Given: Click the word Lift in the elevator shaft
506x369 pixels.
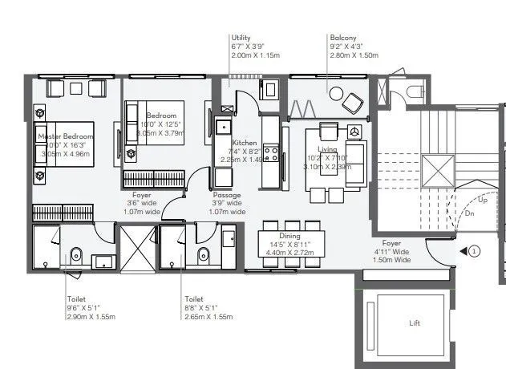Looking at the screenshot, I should pos(414,324).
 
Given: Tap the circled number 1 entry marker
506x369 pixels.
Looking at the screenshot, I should pos(474,251).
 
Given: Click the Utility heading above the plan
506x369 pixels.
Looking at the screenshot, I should pos(241,38).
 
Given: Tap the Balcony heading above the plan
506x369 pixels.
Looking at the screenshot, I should pos(342,38).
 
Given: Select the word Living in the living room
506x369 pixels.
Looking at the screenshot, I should pos(327,149).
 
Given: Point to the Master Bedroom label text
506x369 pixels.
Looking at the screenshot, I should pos(66,136).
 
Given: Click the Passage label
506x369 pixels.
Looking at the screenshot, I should pos(227,195).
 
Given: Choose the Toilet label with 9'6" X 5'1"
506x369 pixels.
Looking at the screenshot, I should pos(76,298).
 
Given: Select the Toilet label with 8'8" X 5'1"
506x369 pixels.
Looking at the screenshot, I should pos(194,298).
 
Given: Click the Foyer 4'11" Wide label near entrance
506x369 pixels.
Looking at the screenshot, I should pos(391,242).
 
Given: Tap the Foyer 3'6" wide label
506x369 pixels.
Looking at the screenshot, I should pos(142,195).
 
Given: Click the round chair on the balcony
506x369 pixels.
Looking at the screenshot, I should pos(335,93).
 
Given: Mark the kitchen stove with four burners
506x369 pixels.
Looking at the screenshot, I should pos(271,152).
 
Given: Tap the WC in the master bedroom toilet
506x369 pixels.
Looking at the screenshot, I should pos(75,256).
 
